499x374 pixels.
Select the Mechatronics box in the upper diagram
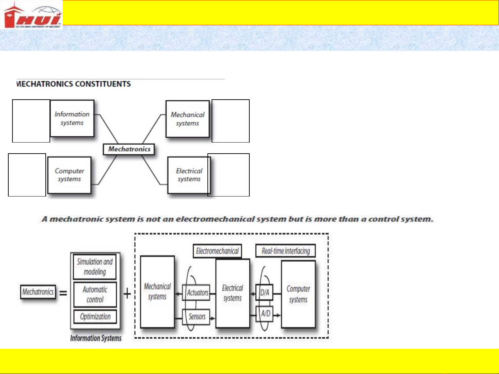[x=129, y=149]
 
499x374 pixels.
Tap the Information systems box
[x=72, y=118]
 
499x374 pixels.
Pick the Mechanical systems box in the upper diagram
[x=187, y=119]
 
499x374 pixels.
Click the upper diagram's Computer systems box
[x=69, y=175]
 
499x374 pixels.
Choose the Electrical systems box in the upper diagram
[x=189, y=175]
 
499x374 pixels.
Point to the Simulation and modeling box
[x=95, y=267]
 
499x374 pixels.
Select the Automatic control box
[x=95, y=294]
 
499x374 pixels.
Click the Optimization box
[x=95, y=317]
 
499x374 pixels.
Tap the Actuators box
[x=197, y=293]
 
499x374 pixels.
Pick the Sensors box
[x=197, y=317]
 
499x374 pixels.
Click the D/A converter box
[x=265, y=293]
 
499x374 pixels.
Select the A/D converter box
[x=265, y=314]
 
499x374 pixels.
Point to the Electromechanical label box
[x=217, y=251]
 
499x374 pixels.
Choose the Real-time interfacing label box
[x=286, y=251]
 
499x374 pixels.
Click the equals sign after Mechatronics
[x=63, y=293]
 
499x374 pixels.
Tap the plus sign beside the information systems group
[x=127, y=293]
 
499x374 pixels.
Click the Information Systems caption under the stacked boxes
[x=96, y=338]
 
